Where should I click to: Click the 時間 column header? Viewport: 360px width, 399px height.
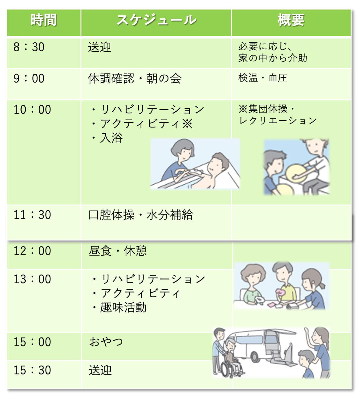coord(44,20)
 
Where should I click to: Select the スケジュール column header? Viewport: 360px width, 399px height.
coord(156,20)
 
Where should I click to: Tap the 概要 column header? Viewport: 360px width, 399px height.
coord(291,20)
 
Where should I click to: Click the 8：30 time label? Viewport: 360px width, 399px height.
coord(29,47)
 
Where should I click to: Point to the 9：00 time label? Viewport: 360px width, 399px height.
coord(29,78)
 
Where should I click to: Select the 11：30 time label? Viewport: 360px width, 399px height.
coord(32,215)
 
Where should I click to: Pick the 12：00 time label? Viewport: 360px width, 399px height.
coord(32,251)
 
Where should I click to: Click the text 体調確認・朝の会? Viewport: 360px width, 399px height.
coord(135,78)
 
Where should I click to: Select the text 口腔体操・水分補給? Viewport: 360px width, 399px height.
coord(140,215)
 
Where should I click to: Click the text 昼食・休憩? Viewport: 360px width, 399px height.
coord(117,251)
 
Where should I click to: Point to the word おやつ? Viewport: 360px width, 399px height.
coord(106,342)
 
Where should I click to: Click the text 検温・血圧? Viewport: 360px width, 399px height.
coord(263,78)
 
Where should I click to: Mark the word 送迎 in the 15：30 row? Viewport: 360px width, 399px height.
coord(100,370)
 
